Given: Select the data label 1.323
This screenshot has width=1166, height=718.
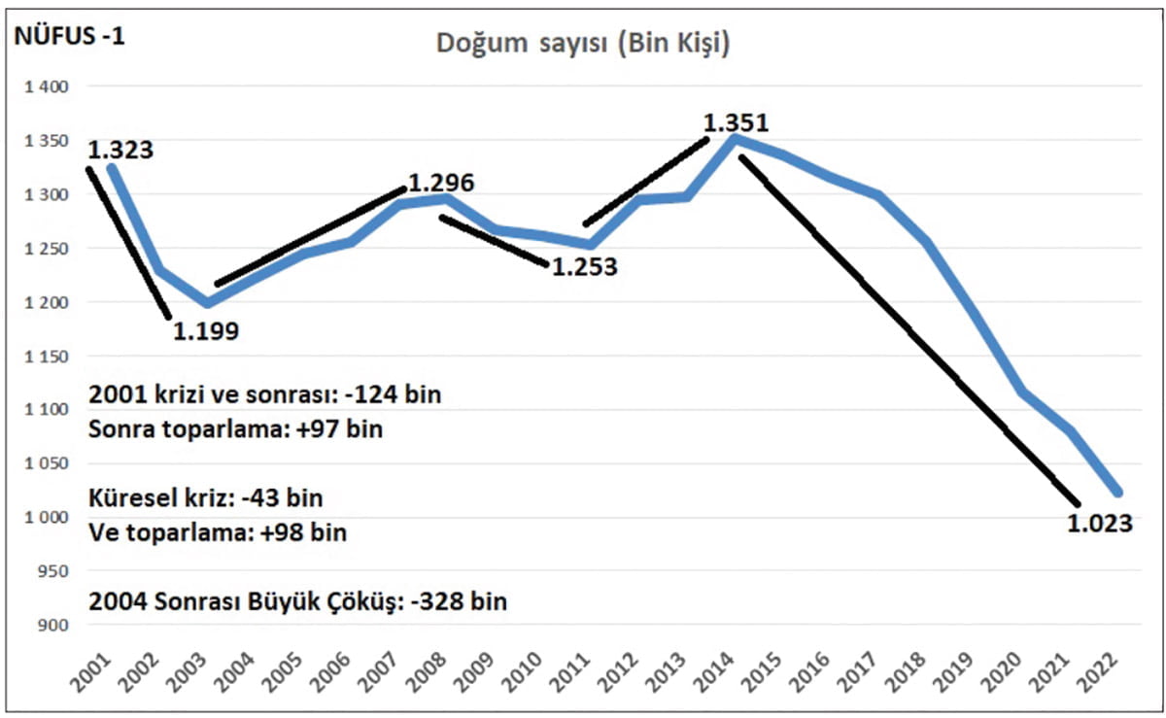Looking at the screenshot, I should click(120, 151).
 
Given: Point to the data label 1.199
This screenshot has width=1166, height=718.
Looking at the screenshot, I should click(206, 331).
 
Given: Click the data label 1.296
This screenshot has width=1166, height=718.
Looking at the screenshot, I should click(440, 183).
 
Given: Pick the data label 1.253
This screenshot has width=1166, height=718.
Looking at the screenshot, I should click(584, 267).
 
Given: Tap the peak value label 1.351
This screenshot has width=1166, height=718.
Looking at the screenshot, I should click(736, 124).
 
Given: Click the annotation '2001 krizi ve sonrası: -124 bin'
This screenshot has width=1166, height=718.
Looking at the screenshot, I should click(264, 395).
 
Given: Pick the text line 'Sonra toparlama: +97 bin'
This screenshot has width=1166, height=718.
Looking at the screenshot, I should click(235, 429).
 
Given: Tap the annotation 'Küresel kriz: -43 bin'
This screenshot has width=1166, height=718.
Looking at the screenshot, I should click(206, 497).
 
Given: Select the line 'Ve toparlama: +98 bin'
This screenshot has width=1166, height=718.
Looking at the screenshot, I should click(218, 532).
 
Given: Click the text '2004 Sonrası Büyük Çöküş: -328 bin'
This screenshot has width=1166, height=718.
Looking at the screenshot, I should click(297, 601).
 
